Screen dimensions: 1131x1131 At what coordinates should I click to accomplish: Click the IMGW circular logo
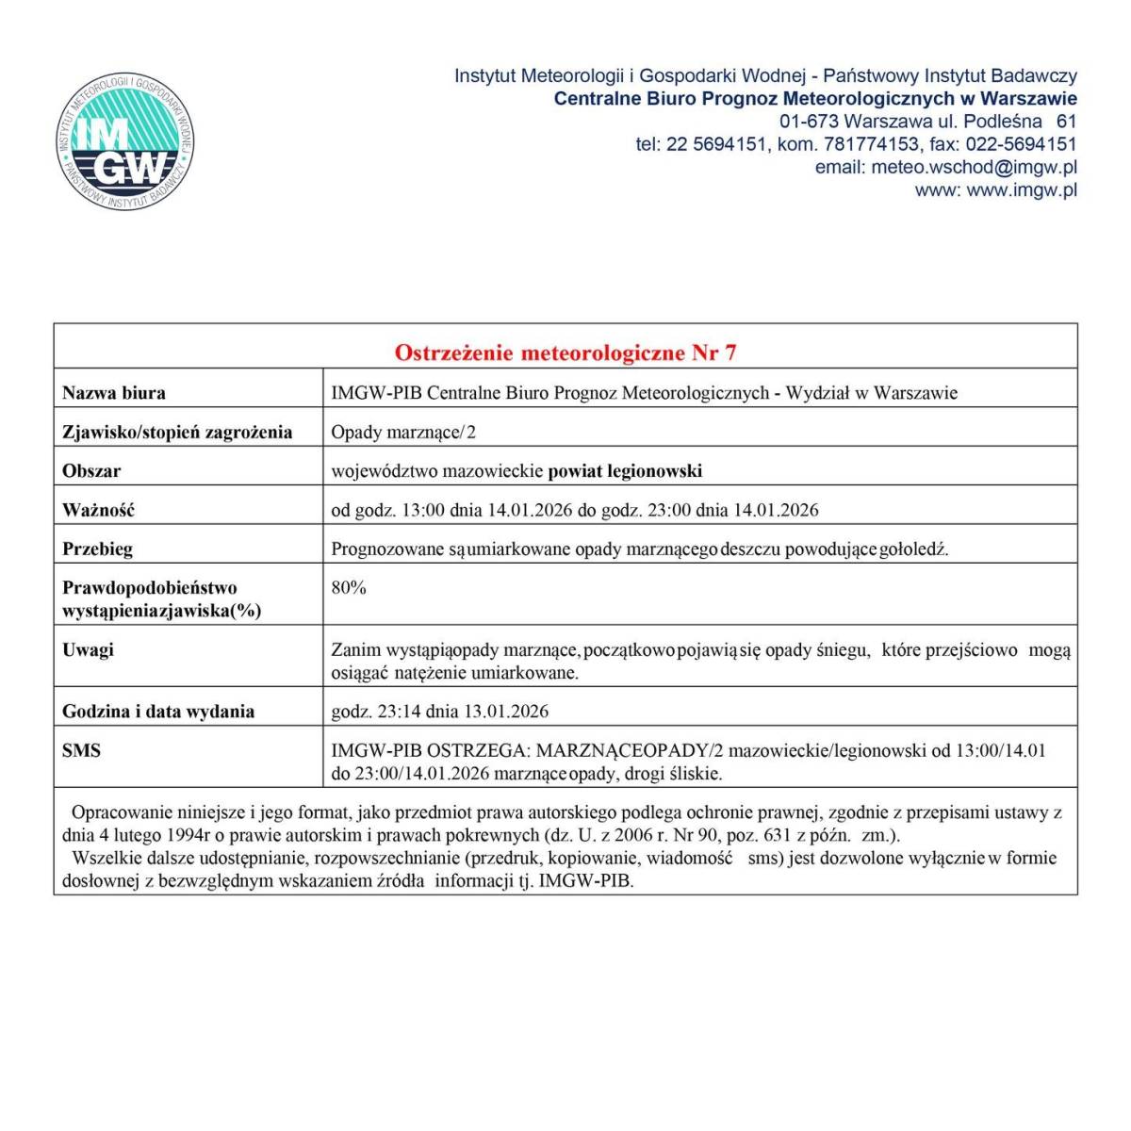click(x=125, y=143)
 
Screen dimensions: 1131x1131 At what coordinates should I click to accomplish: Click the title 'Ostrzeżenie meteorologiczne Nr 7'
click(x=565, y=352)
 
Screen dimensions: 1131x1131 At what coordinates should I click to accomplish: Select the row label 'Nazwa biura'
click(x=114, y=393)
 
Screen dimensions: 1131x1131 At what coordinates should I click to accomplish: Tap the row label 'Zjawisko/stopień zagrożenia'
click(x=177, y=433)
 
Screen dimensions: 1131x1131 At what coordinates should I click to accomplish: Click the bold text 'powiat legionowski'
click(x=625, y=471)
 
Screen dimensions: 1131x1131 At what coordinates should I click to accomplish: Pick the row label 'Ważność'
click(x=99, y=510)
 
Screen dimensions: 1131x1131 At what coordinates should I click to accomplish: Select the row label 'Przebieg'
click(x=98, y=549)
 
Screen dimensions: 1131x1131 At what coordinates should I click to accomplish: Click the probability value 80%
click(x=349, y=588)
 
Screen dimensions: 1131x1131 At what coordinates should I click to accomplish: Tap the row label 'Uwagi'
click(x=89, y=649)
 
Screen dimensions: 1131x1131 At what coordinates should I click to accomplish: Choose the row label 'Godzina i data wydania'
click(x=158, y=712)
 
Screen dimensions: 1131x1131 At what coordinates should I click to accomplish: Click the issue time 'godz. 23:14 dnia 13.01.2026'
click(x=440, y=712)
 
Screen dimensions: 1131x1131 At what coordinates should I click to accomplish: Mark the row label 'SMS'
click(x=82, y=751)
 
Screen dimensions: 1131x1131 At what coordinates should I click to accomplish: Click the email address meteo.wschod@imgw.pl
click(x=974, y=168)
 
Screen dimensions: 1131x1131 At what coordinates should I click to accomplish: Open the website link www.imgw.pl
click(x=1022, y=190)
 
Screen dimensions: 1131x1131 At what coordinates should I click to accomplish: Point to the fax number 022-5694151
click(x=1021, y=144)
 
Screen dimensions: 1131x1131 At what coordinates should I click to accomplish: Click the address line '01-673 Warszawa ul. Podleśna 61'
click(x=927, y=122)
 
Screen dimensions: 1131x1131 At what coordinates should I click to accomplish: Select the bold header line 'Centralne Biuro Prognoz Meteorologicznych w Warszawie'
click(x=815, y=99)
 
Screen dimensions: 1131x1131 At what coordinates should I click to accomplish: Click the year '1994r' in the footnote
click(x=188, y=835)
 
